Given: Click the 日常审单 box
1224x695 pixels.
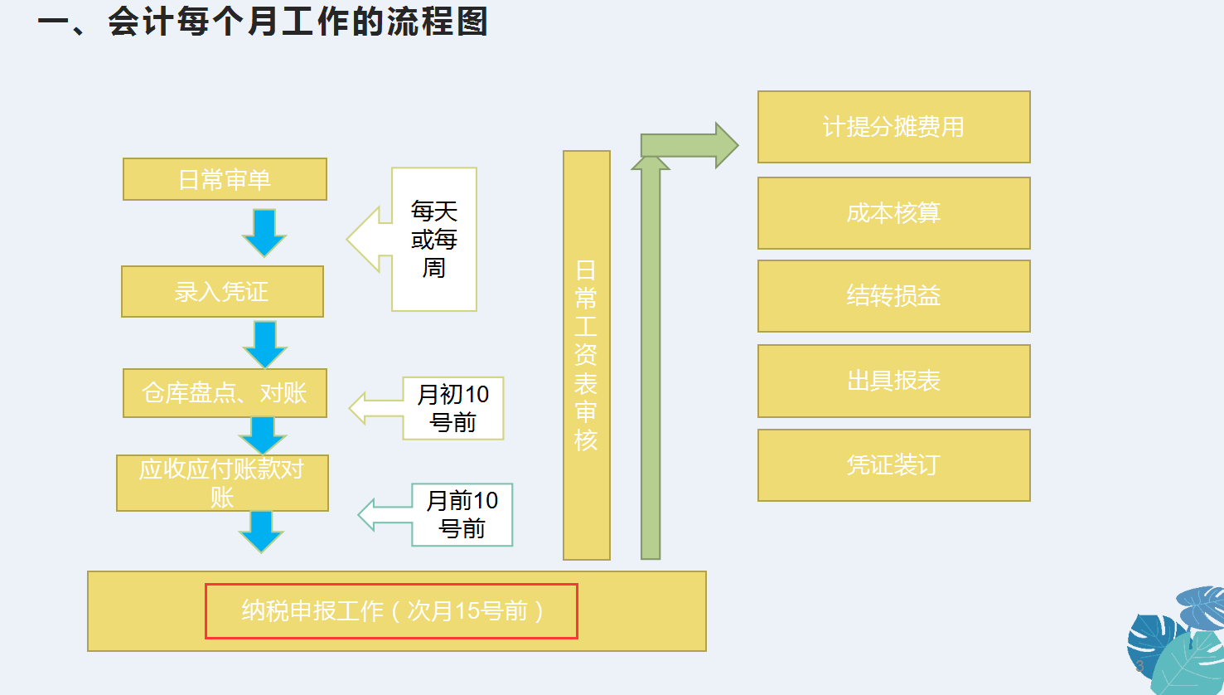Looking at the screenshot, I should (x=225, y=179).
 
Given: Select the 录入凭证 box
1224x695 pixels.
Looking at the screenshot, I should (x=222, y=291).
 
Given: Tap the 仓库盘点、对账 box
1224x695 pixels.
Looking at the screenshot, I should (x=225, y=393).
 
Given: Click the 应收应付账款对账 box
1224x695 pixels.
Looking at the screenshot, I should (x=222, y=483).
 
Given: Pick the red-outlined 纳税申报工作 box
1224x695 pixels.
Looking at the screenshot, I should (x=391, y=611).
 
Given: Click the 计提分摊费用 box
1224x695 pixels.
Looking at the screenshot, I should (x=893, y=127).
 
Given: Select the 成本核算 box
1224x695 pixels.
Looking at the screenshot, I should (x=893, y=213).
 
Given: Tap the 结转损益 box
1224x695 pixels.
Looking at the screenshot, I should (x=893, y=296).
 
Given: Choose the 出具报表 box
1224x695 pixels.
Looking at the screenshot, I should (x=893, y=381).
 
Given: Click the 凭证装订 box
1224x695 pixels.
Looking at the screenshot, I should (x=893, y=465).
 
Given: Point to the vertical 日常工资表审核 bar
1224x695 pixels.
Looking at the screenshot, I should (x=586, y=355).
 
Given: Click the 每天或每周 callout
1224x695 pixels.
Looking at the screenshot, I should (x=433, y=240).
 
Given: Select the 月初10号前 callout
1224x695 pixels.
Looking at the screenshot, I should (x=452, y=408).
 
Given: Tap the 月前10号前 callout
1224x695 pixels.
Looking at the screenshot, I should (x=462, y=514).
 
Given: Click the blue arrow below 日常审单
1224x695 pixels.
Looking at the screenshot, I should (x=264, y=232).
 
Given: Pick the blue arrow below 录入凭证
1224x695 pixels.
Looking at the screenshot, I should (x=264, y=343).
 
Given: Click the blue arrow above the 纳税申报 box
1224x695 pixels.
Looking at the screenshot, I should (x=261, y=532).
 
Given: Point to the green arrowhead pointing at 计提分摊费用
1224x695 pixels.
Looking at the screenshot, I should (x=724, y=145).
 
